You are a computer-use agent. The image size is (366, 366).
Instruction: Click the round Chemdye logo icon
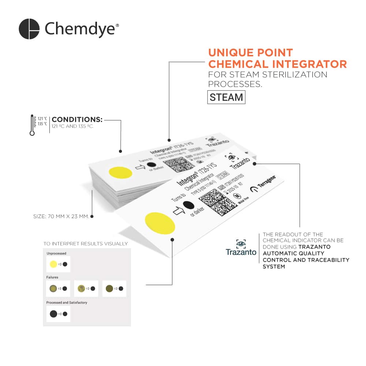(x=29, y=29)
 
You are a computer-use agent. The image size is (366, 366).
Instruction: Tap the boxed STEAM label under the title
(x=226, y=97)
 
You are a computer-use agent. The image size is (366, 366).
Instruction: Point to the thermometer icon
(x=32, y=125)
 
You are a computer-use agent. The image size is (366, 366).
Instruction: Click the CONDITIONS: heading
(x=77, y=119)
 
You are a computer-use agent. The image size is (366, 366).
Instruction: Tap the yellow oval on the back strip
(x=121, y=173)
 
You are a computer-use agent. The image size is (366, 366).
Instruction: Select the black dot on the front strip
(x=188, y=205)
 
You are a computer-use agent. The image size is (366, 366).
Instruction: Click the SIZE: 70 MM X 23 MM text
(x=61, y=216)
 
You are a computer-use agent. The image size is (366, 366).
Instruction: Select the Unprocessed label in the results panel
(x=56, y=253)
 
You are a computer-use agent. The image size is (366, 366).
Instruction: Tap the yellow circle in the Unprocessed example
(x=53, y=264)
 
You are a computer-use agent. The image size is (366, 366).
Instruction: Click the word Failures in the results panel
(x=52, y=277)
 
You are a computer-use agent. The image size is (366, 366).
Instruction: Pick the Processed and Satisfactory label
(x=67, y=303)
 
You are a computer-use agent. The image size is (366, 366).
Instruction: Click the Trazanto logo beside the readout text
(x=241, y=248)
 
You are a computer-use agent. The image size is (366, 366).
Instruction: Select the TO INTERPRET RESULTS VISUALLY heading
(x=86, y=244)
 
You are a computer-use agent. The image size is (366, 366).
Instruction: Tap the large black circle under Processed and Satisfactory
(x=53, y=314)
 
